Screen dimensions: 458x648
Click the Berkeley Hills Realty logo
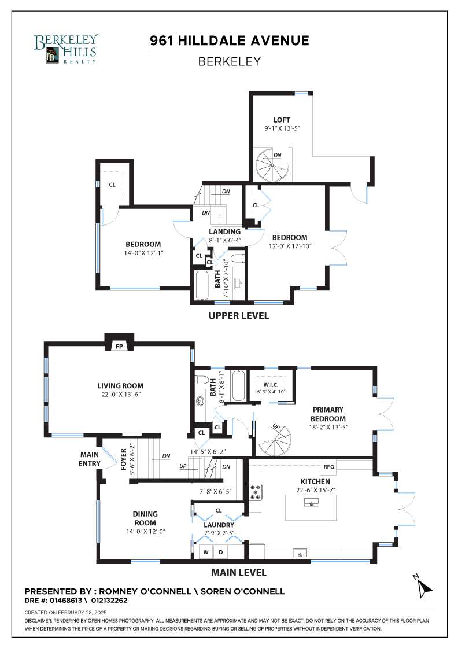[x=66, y=49]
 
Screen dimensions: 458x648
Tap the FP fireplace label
[x=119, y=347]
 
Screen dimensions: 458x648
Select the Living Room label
[x=121, y=385]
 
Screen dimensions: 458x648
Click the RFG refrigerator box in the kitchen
[x=328, y=466]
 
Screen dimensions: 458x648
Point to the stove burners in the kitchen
[x=256, y=492]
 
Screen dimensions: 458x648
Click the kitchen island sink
[x=310, y=502]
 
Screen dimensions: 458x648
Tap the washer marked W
[x=206, y=552]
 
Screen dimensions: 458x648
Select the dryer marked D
[x=220, y=552]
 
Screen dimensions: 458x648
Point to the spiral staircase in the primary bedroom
[x=275, y=441]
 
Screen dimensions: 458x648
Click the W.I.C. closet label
[x=271, y=385]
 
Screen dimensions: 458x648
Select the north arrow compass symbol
[x=423, y=586]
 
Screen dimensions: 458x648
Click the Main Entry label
[x=90, y=459]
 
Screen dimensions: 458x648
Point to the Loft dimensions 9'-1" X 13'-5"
[x=282, y=128]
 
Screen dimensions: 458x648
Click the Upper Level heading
[x=239, y=316]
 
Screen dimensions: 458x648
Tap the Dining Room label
[x=145, y=518]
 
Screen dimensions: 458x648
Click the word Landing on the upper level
[x=225, y=232]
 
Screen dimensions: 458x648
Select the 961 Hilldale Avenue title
[x=230, y=41]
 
